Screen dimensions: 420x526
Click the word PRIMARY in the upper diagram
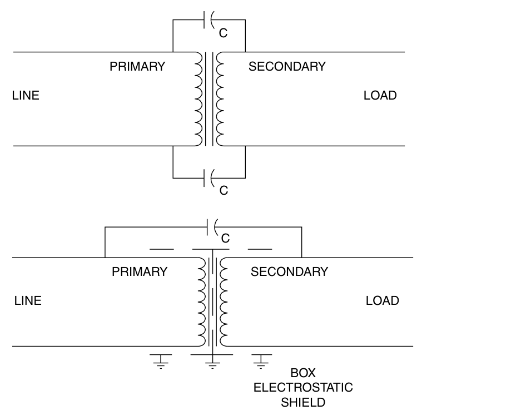tap(137, 66)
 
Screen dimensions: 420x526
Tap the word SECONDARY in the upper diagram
tap(287, 66)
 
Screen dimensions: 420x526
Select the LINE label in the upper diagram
tap(26, 95)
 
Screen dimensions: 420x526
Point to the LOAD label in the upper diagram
tap(380, 95)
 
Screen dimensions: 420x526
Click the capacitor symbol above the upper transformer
tap(210, 21)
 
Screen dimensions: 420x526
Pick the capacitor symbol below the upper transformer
tap(210, 178)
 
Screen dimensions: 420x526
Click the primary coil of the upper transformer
tap(199, 99)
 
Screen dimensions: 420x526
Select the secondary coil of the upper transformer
tap(220, 99)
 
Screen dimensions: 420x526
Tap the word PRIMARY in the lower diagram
tap(140, 272)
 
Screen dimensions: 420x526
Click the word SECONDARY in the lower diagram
tap(289, 272)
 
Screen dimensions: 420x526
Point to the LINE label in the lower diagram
tap(28, 301)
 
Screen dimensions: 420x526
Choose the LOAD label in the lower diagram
tap(382, 301)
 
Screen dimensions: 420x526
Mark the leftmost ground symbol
tap(161, 360)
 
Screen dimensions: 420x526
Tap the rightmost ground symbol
tap(260, 360)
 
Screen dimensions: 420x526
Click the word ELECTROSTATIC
tap(303, 387)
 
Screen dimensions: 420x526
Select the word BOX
tap(303, 373)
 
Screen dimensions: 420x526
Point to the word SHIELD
tap(303, 402)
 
